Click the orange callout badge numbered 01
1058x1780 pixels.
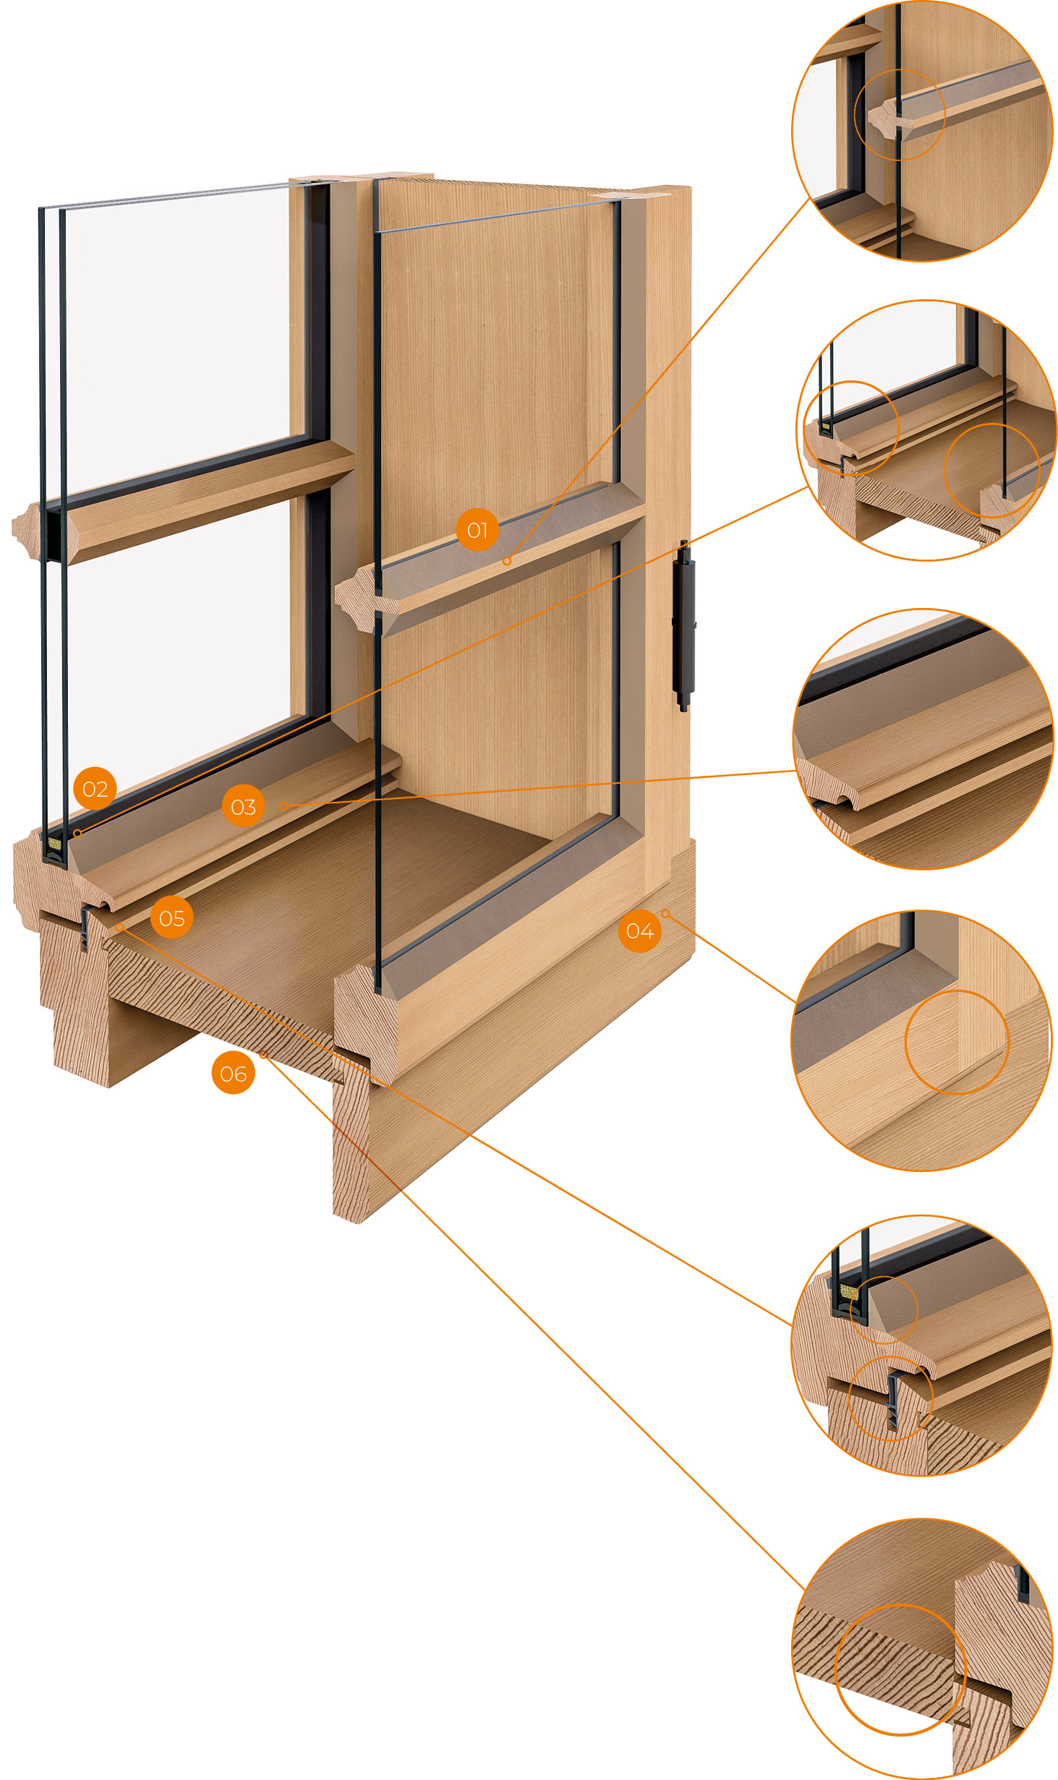coord(477,530)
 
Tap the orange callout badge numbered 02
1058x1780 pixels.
coord(95,789)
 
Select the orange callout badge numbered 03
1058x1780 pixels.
coord(243,806)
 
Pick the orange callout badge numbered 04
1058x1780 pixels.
coord(639,931)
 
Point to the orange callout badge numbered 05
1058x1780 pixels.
coord(171,918)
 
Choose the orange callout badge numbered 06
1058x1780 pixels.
coord(233,1074)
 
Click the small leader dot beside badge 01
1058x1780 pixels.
coord(507,561)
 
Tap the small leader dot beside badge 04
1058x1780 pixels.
coord(665,914)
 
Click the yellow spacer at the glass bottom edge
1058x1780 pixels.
coord(53,844)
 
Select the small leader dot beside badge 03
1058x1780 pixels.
coord(283,805)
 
